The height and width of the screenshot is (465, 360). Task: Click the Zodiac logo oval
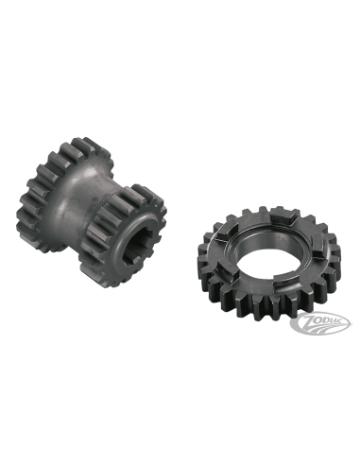(x=320, y=322)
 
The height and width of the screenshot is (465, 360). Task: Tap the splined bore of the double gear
(x=135, y=244)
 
